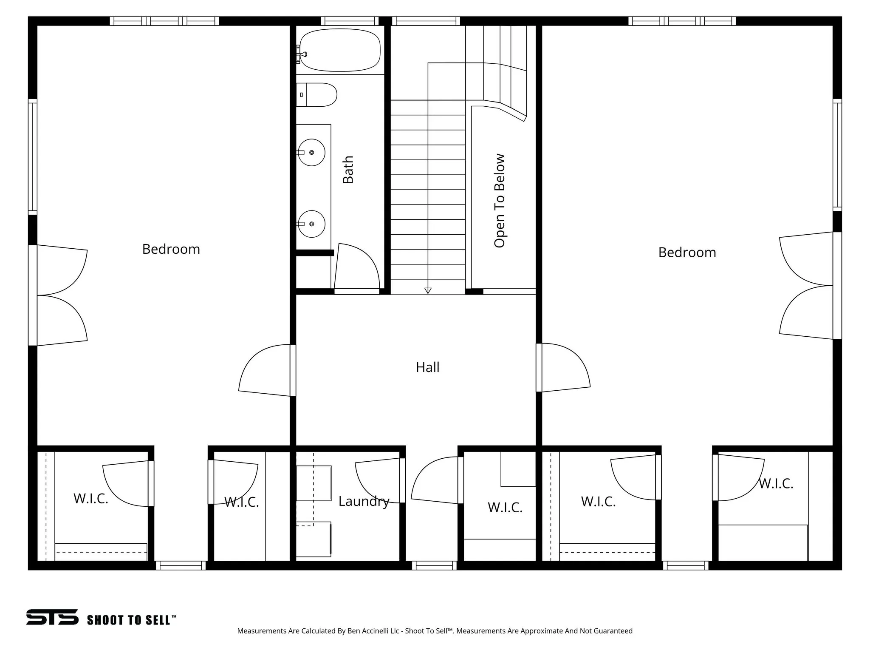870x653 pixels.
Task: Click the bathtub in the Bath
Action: pos(340,50)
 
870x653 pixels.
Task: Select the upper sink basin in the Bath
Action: pos(311,152)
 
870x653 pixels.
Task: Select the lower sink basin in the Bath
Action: pos(311,224)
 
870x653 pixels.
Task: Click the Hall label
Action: pos(427,367)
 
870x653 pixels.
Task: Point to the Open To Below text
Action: pos(500,201)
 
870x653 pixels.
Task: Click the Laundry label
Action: pos(364,501)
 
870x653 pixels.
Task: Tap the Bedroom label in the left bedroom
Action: pos(171,249)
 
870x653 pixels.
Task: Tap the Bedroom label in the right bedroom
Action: pos(687,253)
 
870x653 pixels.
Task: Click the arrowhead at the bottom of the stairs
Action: pos(428,291)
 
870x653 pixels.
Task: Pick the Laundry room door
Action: pos(378,480)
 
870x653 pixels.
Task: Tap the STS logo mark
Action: pos(52,617)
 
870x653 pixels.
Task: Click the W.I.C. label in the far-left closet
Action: pos(91,499)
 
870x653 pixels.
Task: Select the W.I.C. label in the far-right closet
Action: pos(776,484)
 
